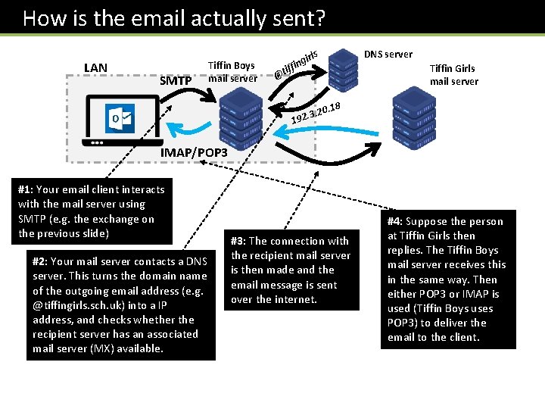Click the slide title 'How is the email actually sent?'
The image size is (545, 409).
click(x=174, y=17)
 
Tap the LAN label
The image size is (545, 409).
click(x=95, y=68)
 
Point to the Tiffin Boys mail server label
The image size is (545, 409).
click(x=232, y=71)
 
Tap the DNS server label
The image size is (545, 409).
click(x=388, y=54)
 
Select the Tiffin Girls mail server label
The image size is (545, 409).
click(x=454, y=74)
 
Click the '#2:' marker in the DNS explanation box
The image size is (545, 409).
click(x=42, y=261)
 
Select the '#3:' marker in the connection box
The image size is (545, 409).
click(x=239, y=241)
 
